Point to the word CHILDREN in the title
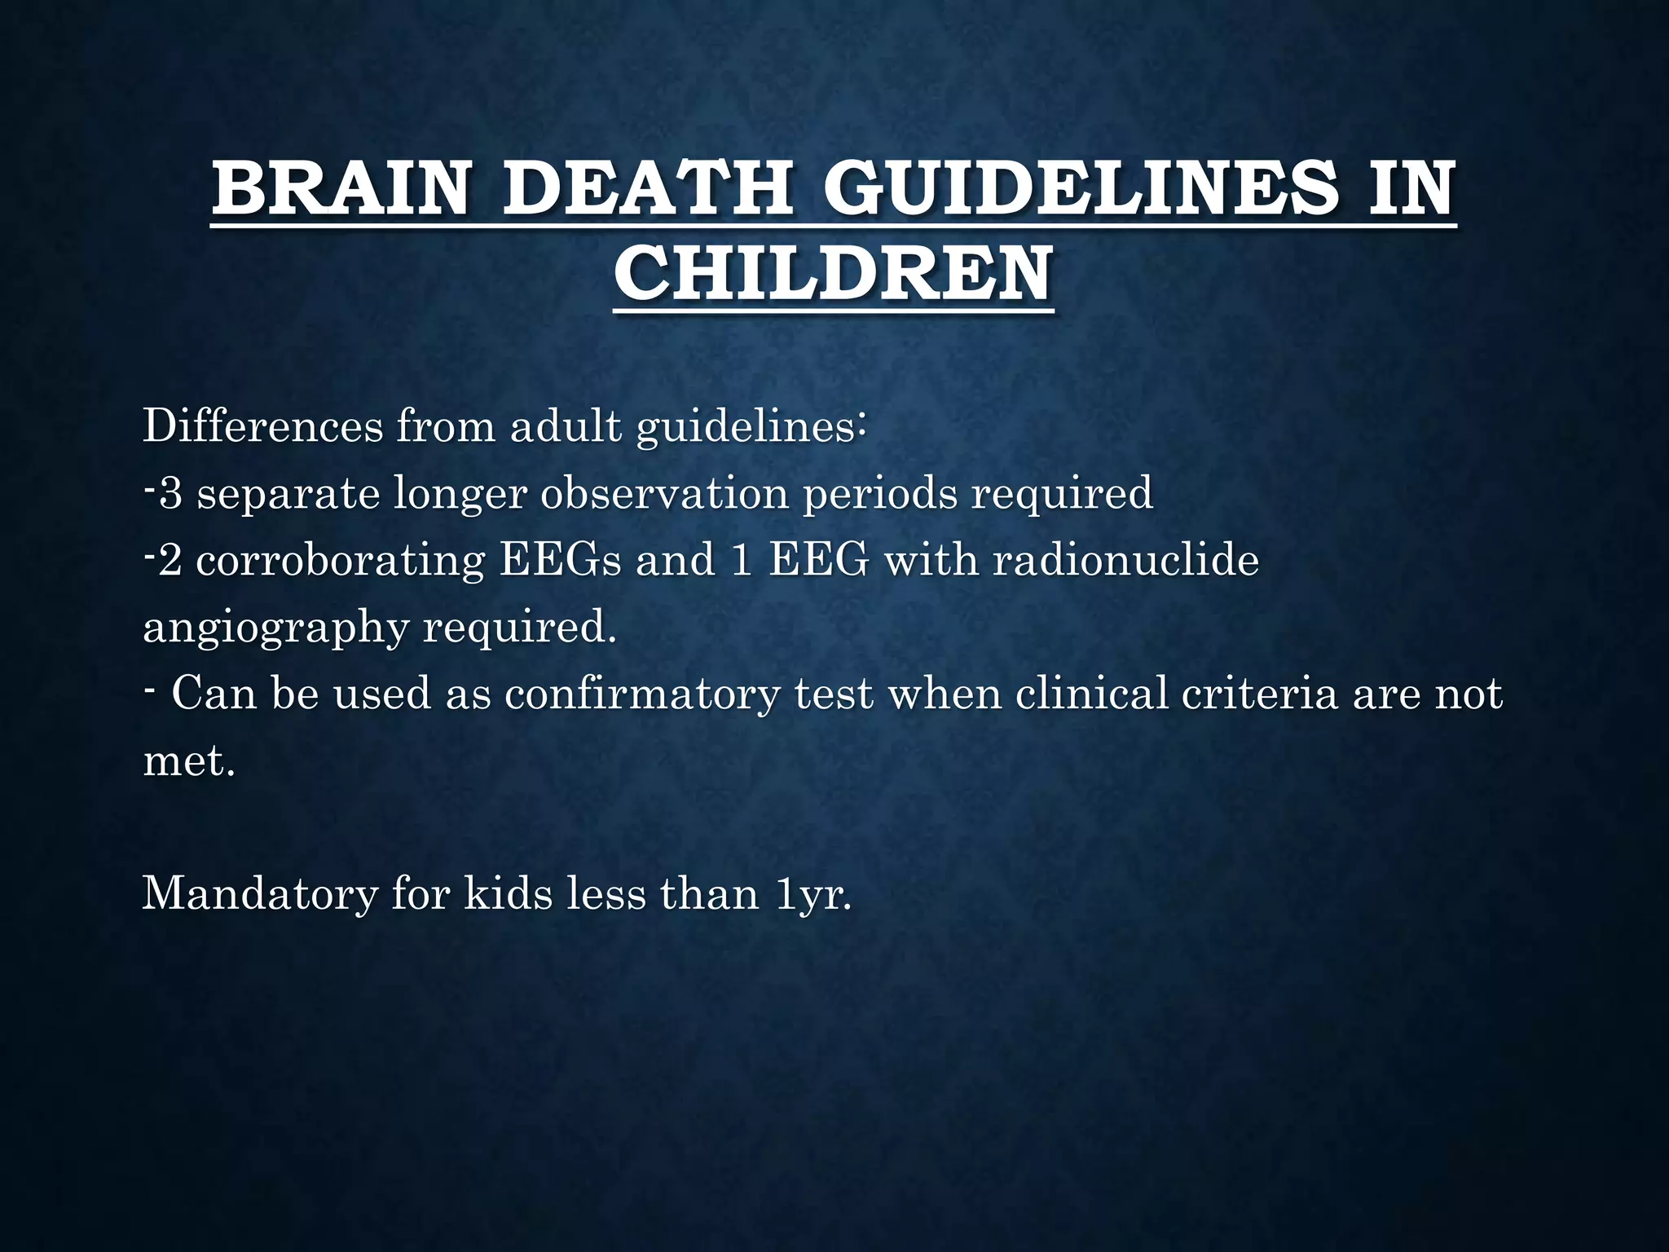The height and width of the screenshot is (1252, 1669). click(833, 275)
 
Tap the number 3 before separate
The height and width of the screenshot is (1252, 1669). click(170, 493)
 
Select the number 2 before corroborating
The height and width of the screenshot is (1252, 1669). click(170, 560)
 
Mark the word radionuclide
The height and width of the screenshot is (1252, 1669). click(1125, 560)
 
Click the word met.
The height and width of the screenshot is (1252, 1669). click(188, 760)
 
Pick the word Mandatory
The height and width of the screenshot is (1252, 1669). click(260, 894)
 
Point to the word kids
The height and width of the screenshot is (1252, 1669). click(509, 894)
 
